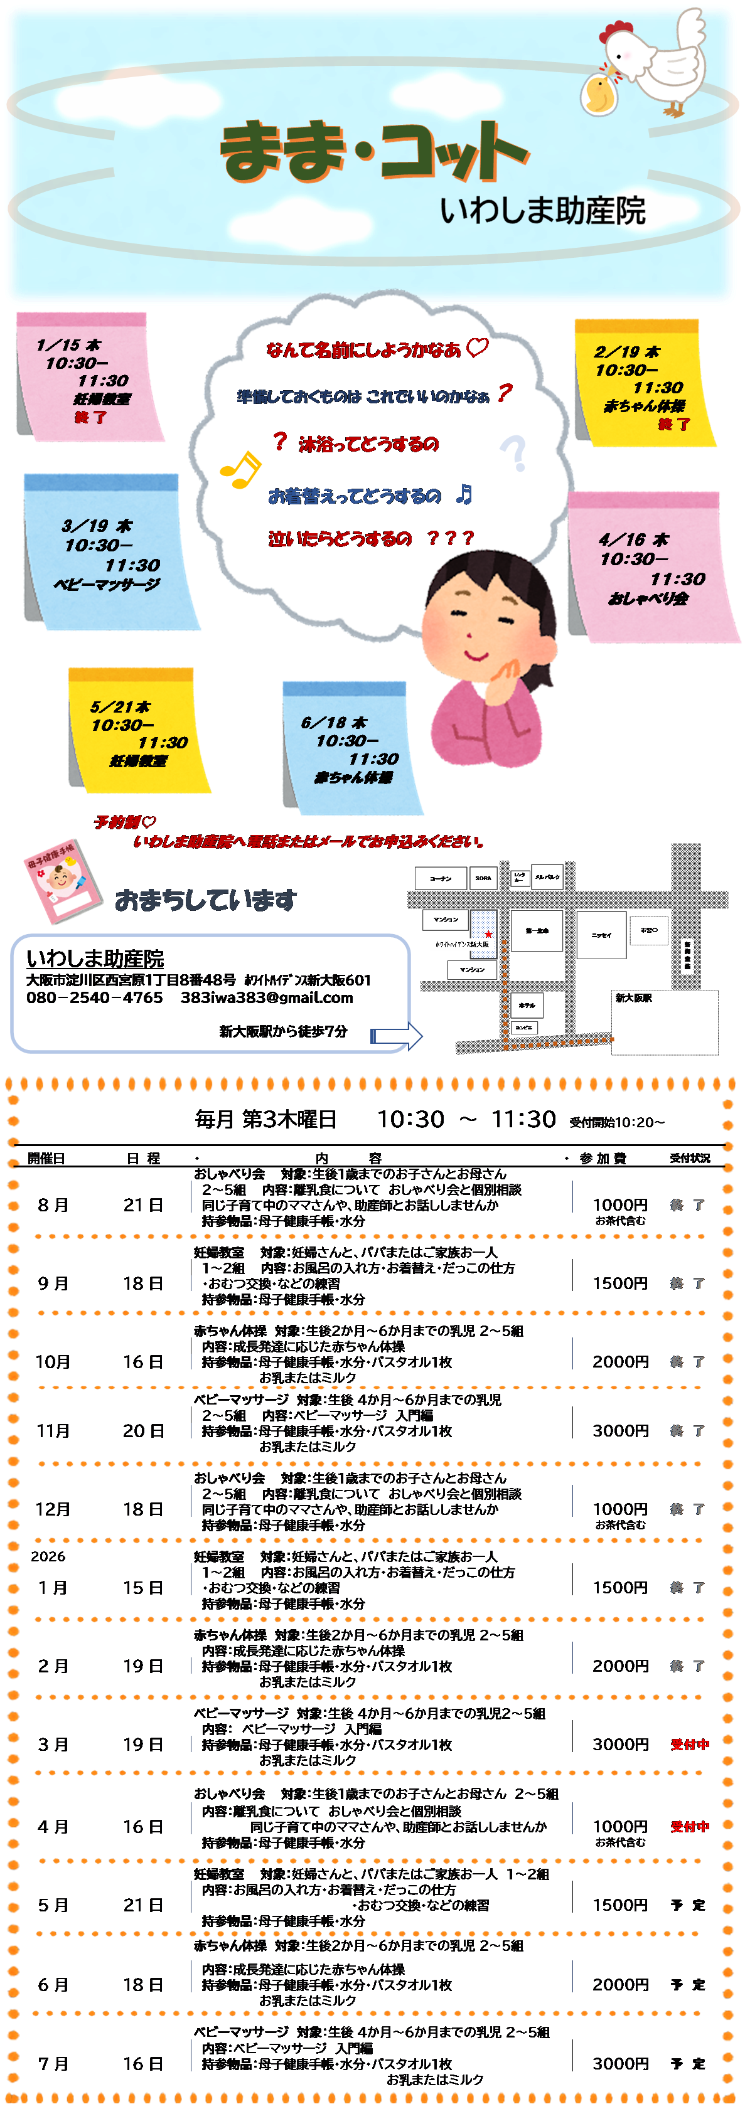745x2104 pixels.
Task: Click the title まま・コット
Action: coord(374,152)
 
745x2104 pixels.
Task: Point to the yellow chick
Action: coord(599,92)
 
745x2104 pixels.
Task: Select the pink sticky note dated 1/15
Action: coord(86,378)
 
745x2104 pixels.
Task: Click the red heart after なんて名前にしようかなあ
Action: coord(477,348)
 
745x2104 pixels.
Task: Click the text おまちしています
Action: coord(205,900)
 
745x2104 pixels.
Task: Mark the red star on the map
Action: coord(488,933)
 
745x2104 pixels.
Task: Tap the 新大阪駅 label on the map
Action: coord(633,998)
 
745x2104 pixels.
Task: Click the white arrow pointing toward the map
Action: coord(397,1036)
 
